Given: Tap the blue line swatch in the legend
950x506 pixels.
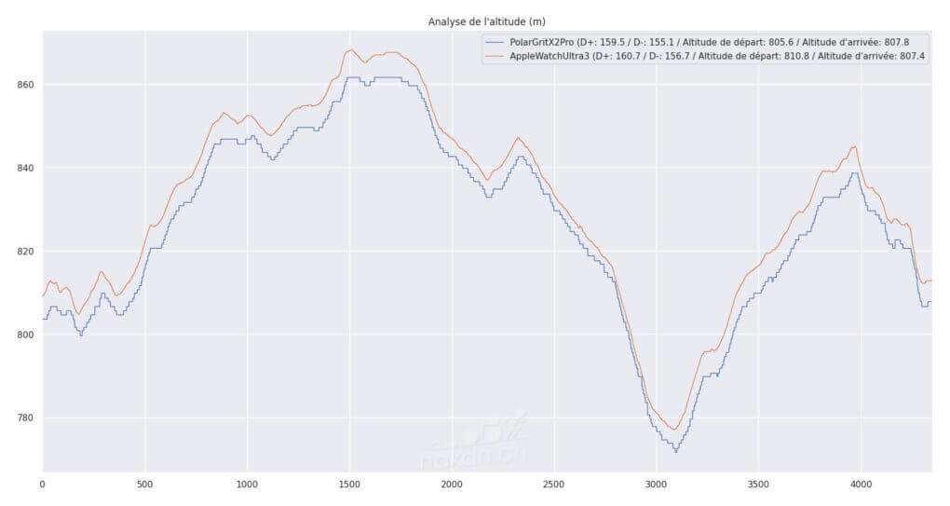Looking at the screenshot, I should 494,43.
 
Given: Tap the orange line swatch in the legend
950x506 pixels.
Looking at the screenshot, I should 494,57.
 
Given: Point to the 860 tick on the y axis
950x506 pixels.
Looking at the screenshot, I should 24,85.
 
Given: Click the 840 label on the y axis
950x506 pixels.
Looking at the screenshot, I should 24,168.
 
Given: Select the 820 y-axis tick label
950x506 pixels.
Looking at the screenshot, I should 24,252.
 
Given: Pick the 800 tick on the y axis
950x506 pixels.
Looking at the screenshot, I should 24,335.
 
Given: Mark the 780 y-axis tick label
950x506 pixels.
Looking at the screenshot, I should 24,417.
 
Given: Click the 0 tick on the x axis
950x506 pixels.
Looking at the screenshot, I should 43,485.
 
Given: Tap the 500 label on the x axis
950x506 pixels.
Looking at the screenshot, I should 145,485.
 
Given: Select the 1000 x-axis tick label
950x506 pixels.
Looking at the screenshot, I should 247,485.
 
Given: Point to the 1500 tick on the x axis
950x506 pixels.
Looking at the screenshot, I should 349,485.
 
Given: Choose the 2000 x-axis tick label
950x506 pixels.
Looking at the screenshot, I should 452,485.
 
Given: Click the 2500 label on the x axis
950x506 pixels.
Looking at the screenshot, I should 554,485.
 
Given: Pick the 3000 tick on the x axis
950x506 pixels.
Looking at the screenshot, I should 657,485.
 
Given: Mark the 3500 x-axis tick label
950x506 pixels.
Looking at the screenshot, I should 759,485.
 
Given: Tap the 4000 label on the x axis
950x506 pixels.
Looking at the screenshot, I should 862,485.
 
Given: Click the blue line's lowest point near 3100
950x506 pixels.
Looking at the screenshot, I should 675,451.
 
